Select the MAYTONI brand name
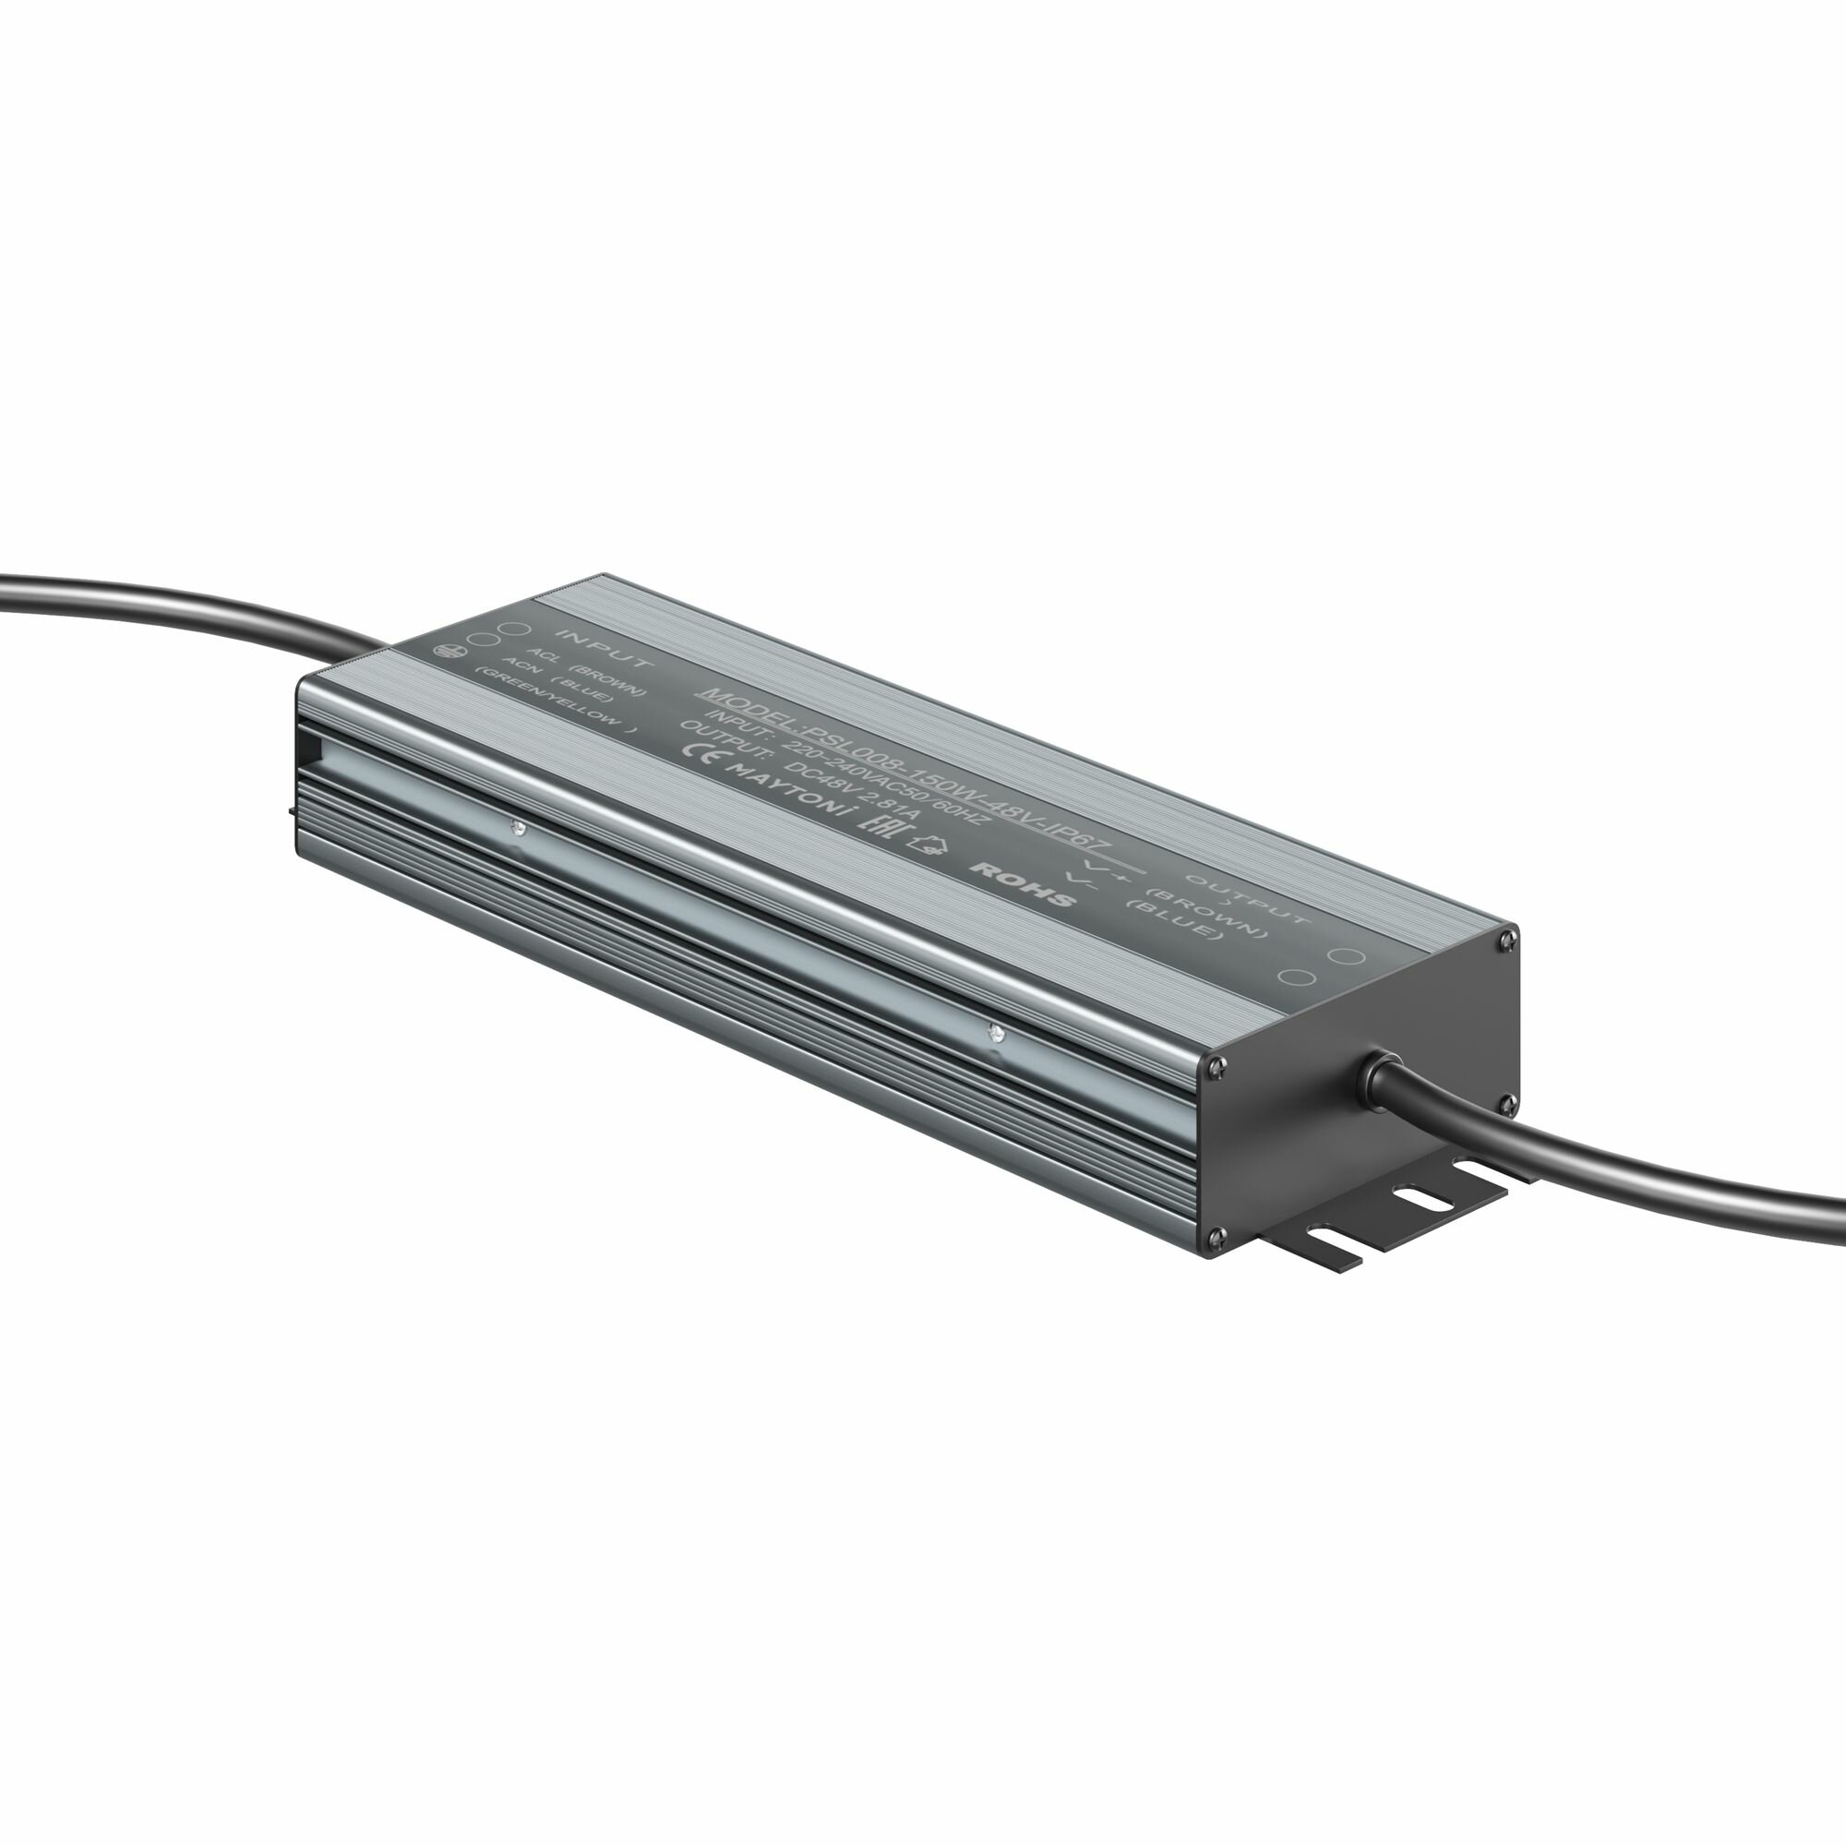786,790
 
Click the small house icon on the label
924,845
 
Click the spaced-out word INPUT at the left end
605,649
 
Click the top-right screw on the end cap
1508,941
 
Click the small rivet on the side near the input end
517,829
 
